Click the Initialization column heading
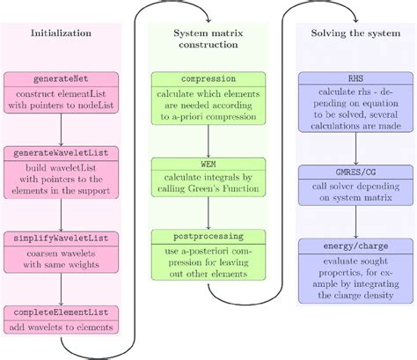[61, 33]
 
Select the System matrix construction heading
[208, 40]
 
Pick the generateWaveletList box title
[61, 152]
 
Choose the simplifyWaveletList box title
[61, 238]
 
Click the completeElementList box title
[61, 312]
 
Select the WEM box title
[208, 163]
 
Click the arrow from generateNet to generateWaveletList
[61, 129]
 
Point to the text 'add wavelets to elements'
[61, 327]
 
